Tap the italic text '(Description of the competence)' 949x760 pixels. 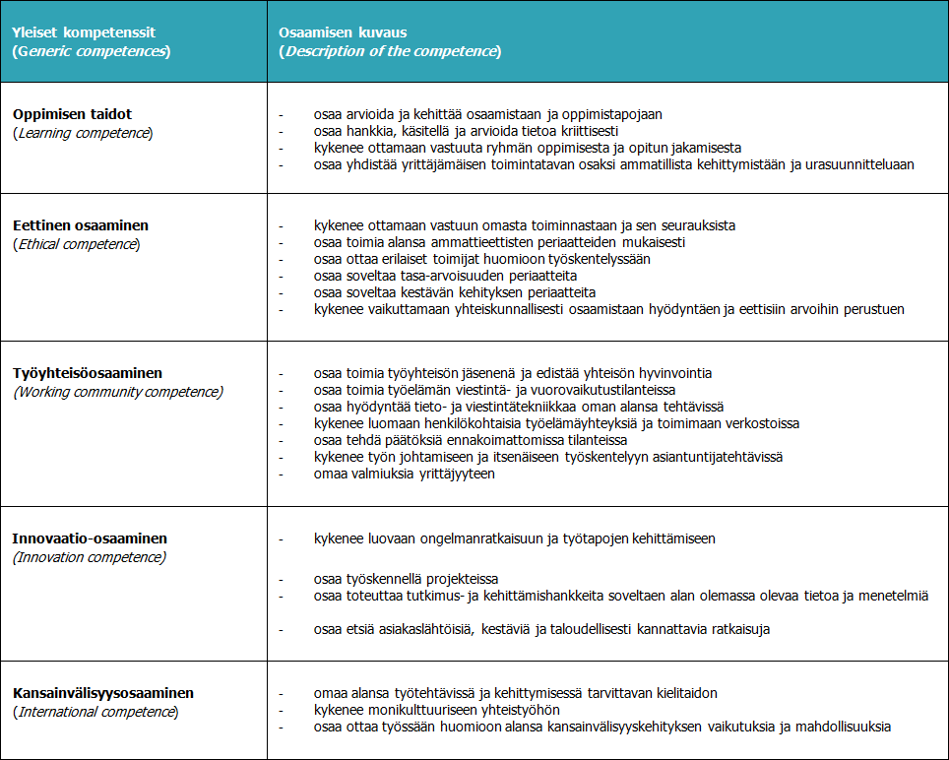pyautogui.click(x=391, y=51)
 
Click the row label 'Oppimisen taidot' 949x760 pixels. pyautogui.click(x=72, y=114)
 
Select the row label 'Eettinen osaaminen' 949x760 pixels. pyautogui.click(x=80, y=226)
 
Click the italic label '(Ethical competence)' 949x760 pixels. pyautogui.click(x=76, y=244)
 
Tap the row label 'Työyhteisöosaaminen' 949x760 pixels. pyautogui.click(x=88, y=374)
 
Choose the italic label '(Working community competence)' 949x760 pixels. pyautogui.click(x=118, y=392)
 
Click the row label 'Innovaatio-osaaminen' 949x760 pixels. pyautogui.click(x=90, y=539)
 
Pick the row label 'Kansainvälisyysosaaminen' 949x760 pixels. pyautogui.click(x=102, y=693)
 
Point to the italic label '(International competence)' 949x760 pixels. pyautogui.click(x=95, y=711)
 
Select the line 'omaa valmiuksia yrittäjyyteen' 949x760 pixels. pyautogui.click(x=404, y=474)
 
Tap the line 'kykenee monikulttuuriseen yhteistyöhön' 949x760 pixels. pyautogui.click(x=437, y=710)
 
